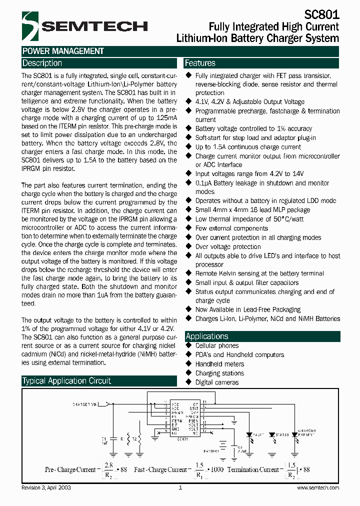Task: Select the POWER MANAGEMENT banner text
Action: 63,51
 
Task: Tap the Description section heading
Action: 42,63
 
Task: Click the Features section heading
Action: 200,63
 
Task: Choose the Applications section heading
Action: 206,336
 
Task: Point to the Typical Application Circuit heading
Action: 66,380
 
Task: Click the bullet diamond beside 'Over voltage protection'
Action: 188,246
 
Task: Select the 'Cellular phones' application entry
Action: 217,345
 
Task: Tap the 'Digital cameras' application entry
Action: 217,382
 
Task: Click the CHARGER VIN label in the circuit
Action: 83,403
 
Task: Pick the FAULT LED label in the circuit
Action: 258,435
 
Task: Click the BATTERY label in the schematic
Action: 210,450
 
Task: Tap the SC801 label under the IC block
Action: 182,438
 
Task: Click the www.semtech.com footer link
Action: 317,487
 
